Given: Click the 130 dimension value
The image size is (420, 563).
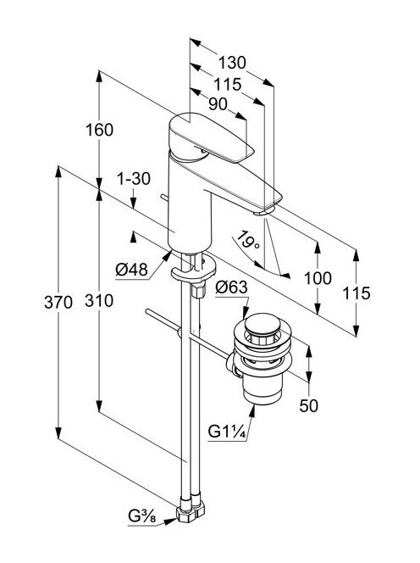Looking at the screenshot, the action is [232, 63].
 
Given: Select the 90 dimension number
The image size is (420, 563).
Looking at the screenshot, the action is [218, 104].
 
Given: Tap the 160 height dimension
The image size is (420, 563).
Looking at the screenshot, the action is [99, 130].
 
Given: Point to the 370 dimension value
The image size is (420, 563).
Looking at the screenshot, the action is [58, 303].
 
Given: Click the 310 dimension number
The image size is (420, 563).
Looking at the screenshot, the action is [99, 300].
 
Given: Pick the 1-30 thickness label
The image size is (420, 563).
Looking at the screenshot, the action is [134, 178].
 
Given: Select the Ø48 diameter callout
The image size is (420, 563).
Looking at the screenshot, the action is [131, 270].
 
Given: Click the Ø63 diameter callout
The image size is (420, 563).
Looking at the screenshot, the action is [231, 287].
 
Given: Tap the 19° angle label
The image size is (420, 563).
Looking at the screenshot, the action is [248, 239].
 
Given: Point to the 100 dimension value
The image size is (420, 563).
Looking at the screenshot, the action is [318, 278].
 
